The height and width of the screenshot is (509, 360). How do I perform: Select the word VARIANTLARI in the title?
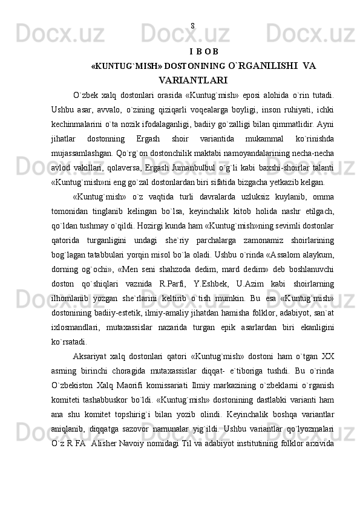click(193, 79)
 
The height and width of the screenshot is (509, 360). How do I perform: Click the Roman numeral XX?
click(327, 354)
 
